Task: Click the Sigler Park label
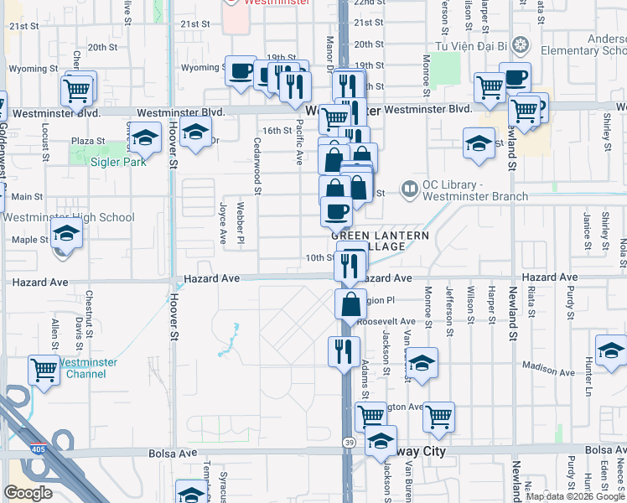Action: tap(120, 162)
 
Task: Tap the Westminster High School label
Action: tap(69, 218)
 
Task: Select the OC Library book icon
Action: tap(410, 190)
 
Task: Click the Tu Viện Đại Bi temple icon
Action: tap(521, 44)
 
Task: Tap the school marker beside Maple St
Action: tap(66, 234)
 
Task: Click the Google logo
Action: tap(28, 493)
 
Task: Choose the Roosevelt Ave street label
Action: tap(386, 321)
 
